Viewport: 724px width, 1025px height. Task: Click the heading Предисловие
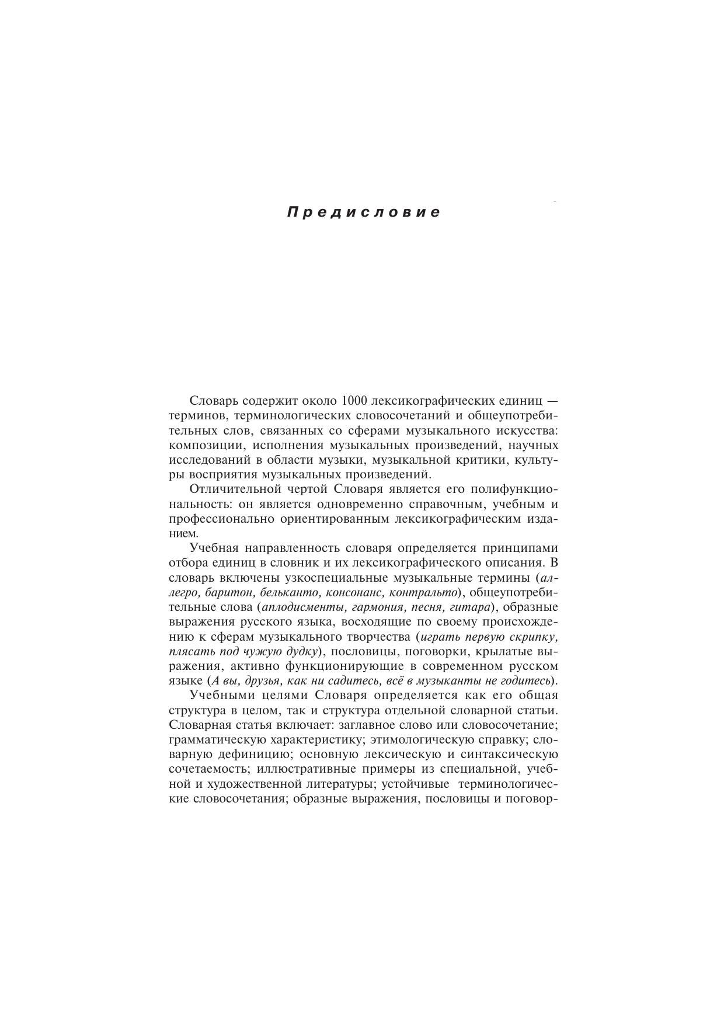point(364,212)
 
